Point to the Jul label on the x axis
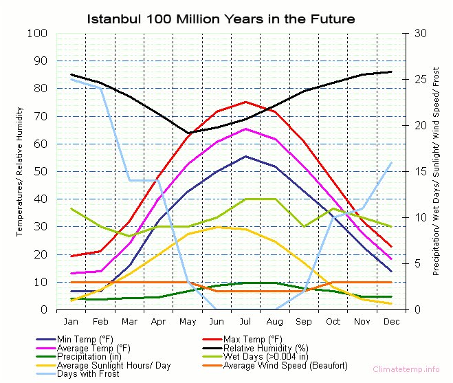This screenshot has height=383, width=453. tap(245, 322)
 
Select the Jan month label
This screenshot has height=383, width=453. tap(71, 322)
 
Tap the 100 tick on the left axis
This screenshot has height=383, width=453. tap(37, 33)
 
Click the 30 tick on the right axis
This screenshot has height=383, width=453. tap(417, 33)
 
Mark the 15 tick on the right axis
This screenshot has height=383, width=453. tap(417, 171)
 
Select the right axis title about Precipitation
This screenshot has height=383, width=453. tap(437, 171)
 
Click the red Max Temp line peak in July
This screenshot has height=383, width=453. tap(245, 102)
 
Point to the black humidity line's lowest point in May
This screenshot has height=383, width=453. tap(188, 133)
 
